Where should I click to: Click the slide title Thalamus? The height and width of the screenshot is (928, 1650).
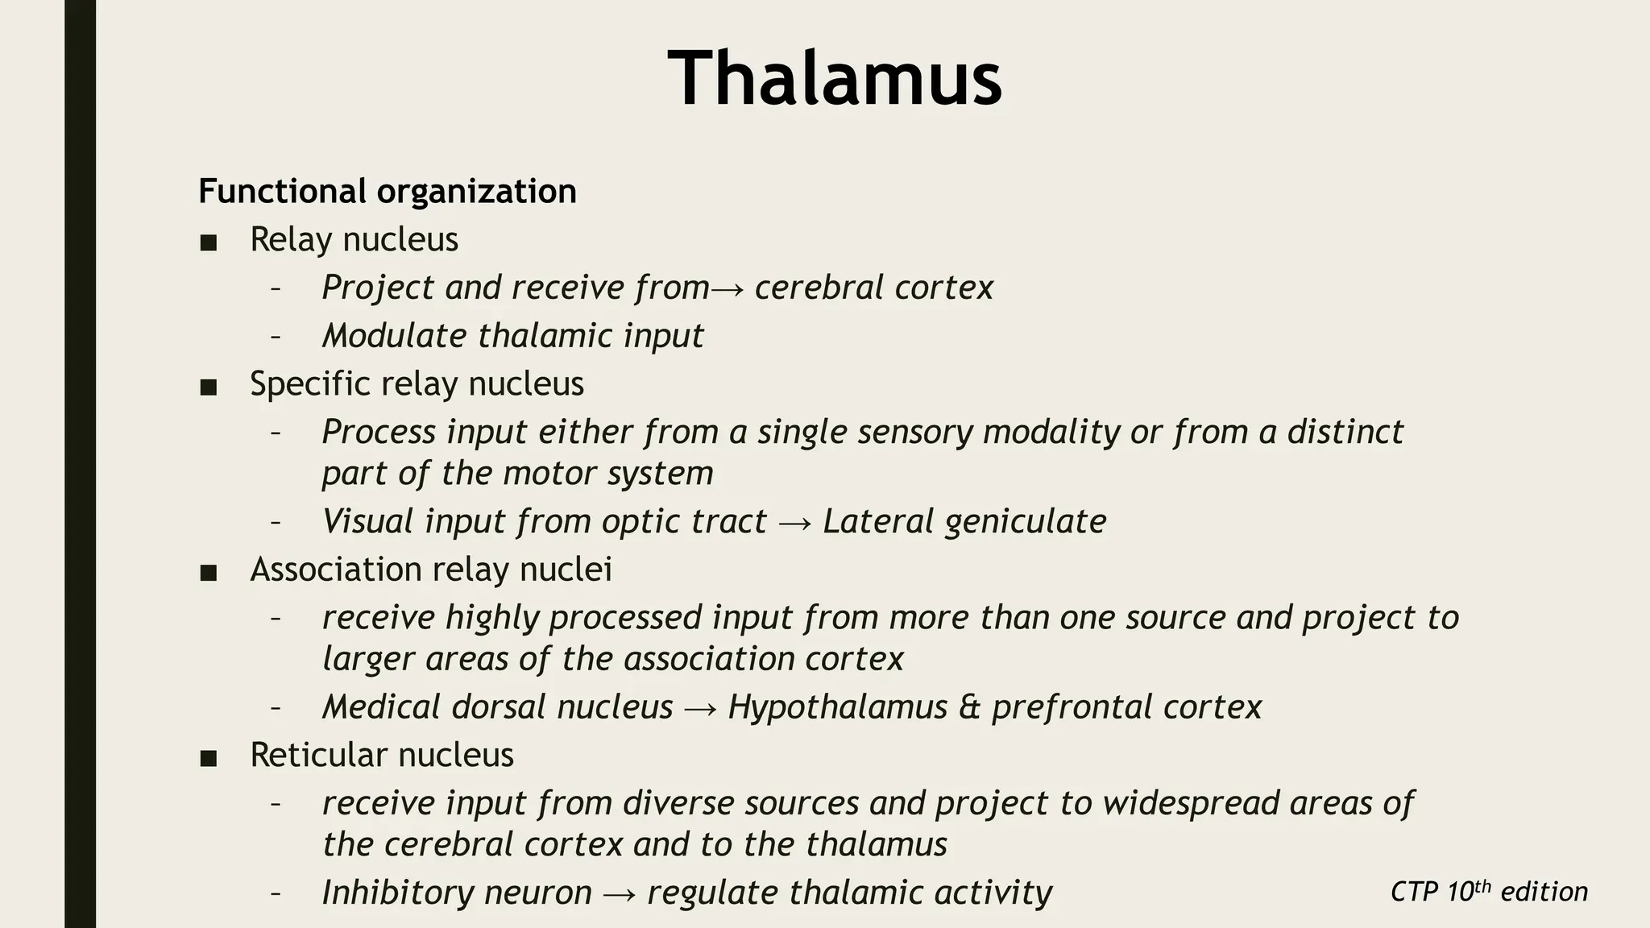(x=835, y=78)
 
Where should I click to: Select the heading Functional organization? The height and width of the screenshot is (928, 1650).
(x=388, y=192)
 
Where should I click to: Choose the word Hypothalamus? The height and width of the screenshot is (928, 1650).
(x=838, y=708)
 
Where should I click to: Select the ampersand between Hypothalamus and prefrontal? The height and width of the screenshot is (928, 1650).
(x=969, y=708)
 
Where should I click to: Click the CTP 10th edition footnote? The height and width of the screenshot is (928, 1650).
(x=1489, y=892)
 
